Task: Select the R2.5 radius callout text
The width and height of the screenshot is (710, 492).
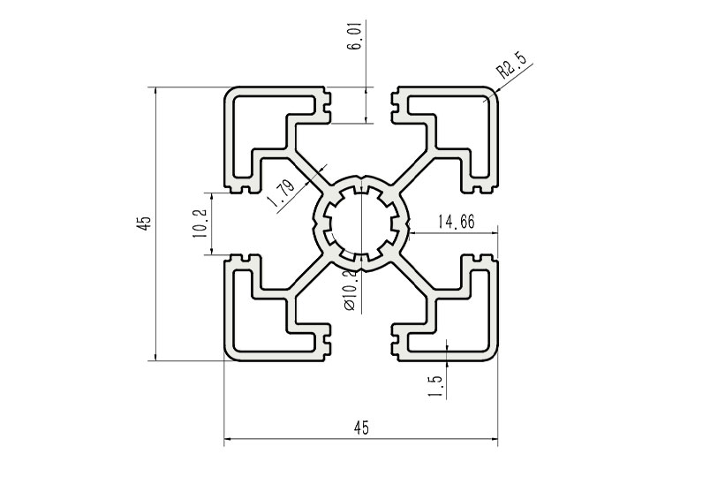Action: (x=511, y=66)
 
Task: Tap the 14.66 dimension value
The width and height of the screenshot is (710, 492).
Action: (x=456, y=223)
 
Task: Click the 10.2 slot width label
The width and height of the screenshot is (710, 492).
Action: (x=200, y=223)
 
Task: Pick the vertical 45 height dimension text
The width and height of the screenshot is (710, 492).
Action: (x=142, y=223)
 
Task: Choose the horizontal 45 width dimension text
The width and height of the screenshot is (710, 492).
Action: (x=360, y=428)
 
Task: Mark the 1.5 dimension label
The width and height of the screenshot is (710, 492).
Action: (x=434, y=386)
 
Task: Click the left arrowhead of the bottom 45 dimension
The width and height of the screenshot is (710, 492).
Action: (x=228, y=439)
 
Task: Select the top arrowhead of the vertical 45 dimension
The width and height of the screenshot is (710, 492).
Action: (x=156, y=92)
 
